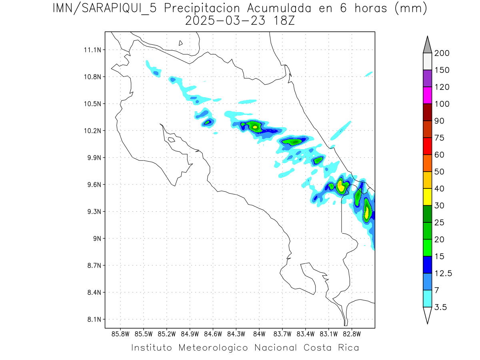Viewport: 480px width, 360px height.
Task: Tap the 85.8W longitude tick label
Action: click(120, 334)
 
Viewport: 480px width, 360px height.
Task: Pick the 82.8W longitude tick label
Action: click(352, 334)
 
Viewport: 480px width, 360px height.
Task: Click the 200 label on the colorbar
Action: click(442, 53)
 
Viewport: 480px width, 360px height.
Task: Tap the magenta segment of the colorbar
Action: click(427, 95)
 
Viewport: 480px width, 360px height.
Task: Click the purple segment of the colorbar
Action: click(427, 78)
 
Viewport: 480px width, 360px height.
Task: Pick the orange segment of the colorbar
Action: click(427, 163)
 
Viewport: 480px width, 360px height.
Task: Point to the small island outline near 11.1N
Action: click(181, 43)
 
